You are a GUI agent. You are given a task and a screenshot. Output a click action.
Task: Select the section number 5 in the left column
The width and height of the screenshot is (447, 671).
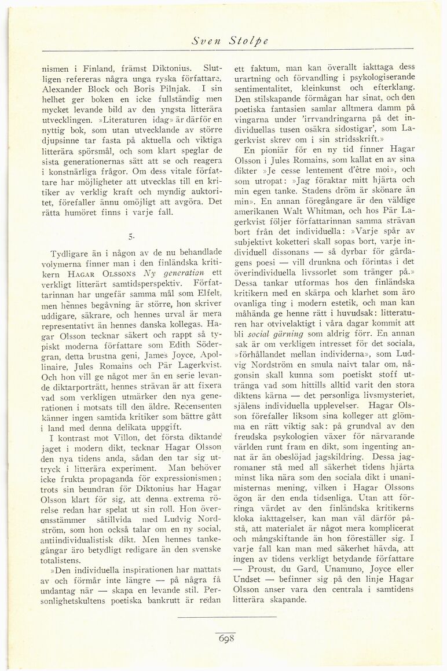click(x=132, y=235)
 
